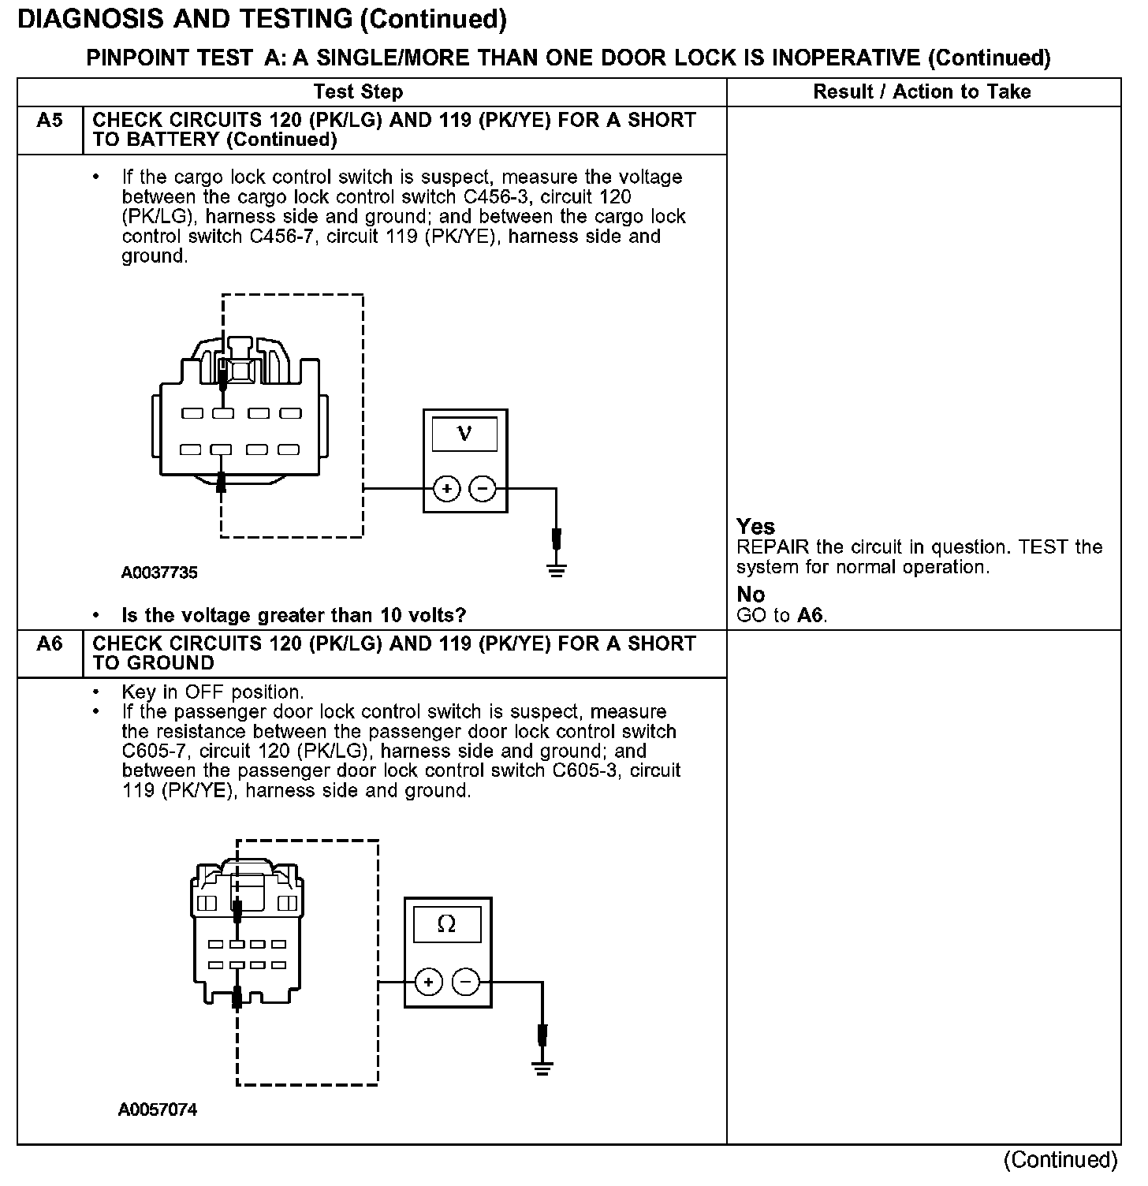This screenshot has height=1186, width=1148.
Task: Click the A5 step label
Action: (49, 121)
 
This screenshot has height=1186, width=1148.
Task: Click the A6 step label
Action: (49, 644)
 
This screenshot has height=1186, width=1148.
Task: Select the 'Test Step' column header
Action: (358, 92)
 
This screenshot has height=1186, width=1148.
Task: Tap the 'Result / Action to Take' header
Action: (922, 92)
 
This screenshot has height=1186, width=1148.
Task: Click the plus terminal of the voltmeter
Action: (447, 490)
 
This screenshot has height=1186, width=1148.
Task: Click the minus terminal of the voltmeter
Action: (482, 490)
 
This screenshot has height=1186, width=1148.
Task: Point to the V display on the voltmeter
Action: (465, 434)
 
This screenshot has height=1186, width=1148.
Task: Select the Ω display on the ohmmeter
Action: (446, 924)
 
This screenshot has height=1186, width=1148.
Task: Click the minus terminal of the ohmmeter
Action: (465, 983)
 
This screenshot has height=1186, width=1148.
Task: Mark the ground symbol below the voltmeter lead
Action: (557, 569)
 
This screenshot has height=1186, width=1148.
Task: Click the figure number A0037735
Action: (159, 573)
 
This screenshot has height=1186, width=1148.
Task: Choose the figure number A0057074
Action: (158, 1110)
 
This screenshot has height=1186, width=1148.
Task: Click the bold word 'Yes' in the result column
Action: (755, 527)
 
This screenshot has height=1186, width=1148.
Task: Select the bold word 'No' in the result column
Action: (751, 595)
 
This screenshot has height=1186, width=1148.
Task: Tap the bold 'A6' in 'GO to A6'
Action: (811, 616)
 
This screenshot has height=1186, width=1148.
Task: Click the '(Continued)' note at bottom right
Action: (1060, 1160)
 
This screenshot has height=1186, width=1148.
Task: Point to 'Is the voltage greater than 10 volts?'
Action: (293, 615)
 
